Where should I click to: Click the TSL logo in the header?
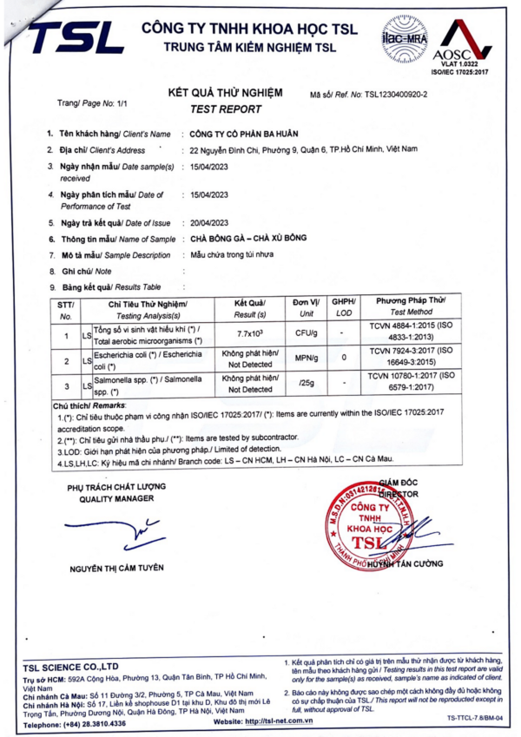[76, 37]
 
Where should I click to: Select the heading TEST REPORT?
[226, 109]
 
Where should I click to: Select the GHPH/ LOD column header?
[344, 306]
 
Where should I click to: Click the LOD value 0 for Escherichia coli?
[344, 358]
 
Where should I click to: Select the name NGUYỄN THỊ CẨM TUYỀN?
[116, 568]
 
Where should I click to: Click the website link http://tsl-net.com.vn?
[270, 721]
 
